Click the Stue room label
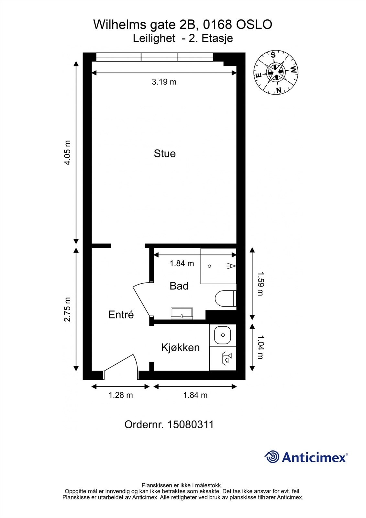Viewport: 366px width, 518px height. pos(165,153)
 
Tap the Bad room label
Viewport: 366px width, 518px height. pos(179,286)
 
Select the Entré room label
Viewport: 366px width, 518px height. pos(121,314)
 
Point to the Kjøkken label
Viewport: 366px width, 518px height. pos(180,347)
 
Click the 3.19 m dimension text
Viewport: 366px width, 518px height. pos(164,82)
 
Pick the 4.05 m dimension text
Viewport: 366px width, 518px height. pos(67,152)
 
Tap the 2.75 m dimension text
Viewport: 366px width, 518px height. pos(67,310)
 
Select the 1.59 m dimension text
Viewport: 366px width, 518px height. pos(261,284)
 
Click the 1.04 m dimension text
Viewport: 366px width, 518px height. pos(261,347)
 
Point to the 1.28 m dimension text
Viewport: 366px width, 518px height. pos(121,395)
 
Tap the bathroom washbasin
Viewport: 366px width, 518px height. pos(182,313)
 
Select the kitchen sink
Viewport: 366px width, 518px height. pos(222,335)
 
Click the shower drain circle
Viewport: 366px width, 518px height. pos(209,266)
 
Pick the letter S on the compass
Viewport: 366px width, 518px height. pos(273,55)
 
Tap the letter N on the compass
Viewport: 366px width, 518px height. pos(279,90)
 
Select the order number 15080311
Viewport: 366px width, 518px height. pos(190,424)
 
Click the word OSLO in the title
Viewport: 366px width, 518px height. pos(254,25)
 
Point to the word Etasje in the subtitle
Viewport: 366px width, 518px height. pos(217,39)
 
